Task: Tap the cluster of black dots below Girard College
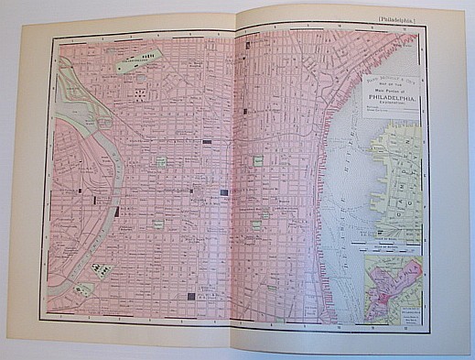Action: coord(139,93)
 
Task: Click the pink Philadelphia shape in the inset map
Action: coord(399,279)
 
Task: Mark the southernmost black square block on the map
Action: coord(190,297)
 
